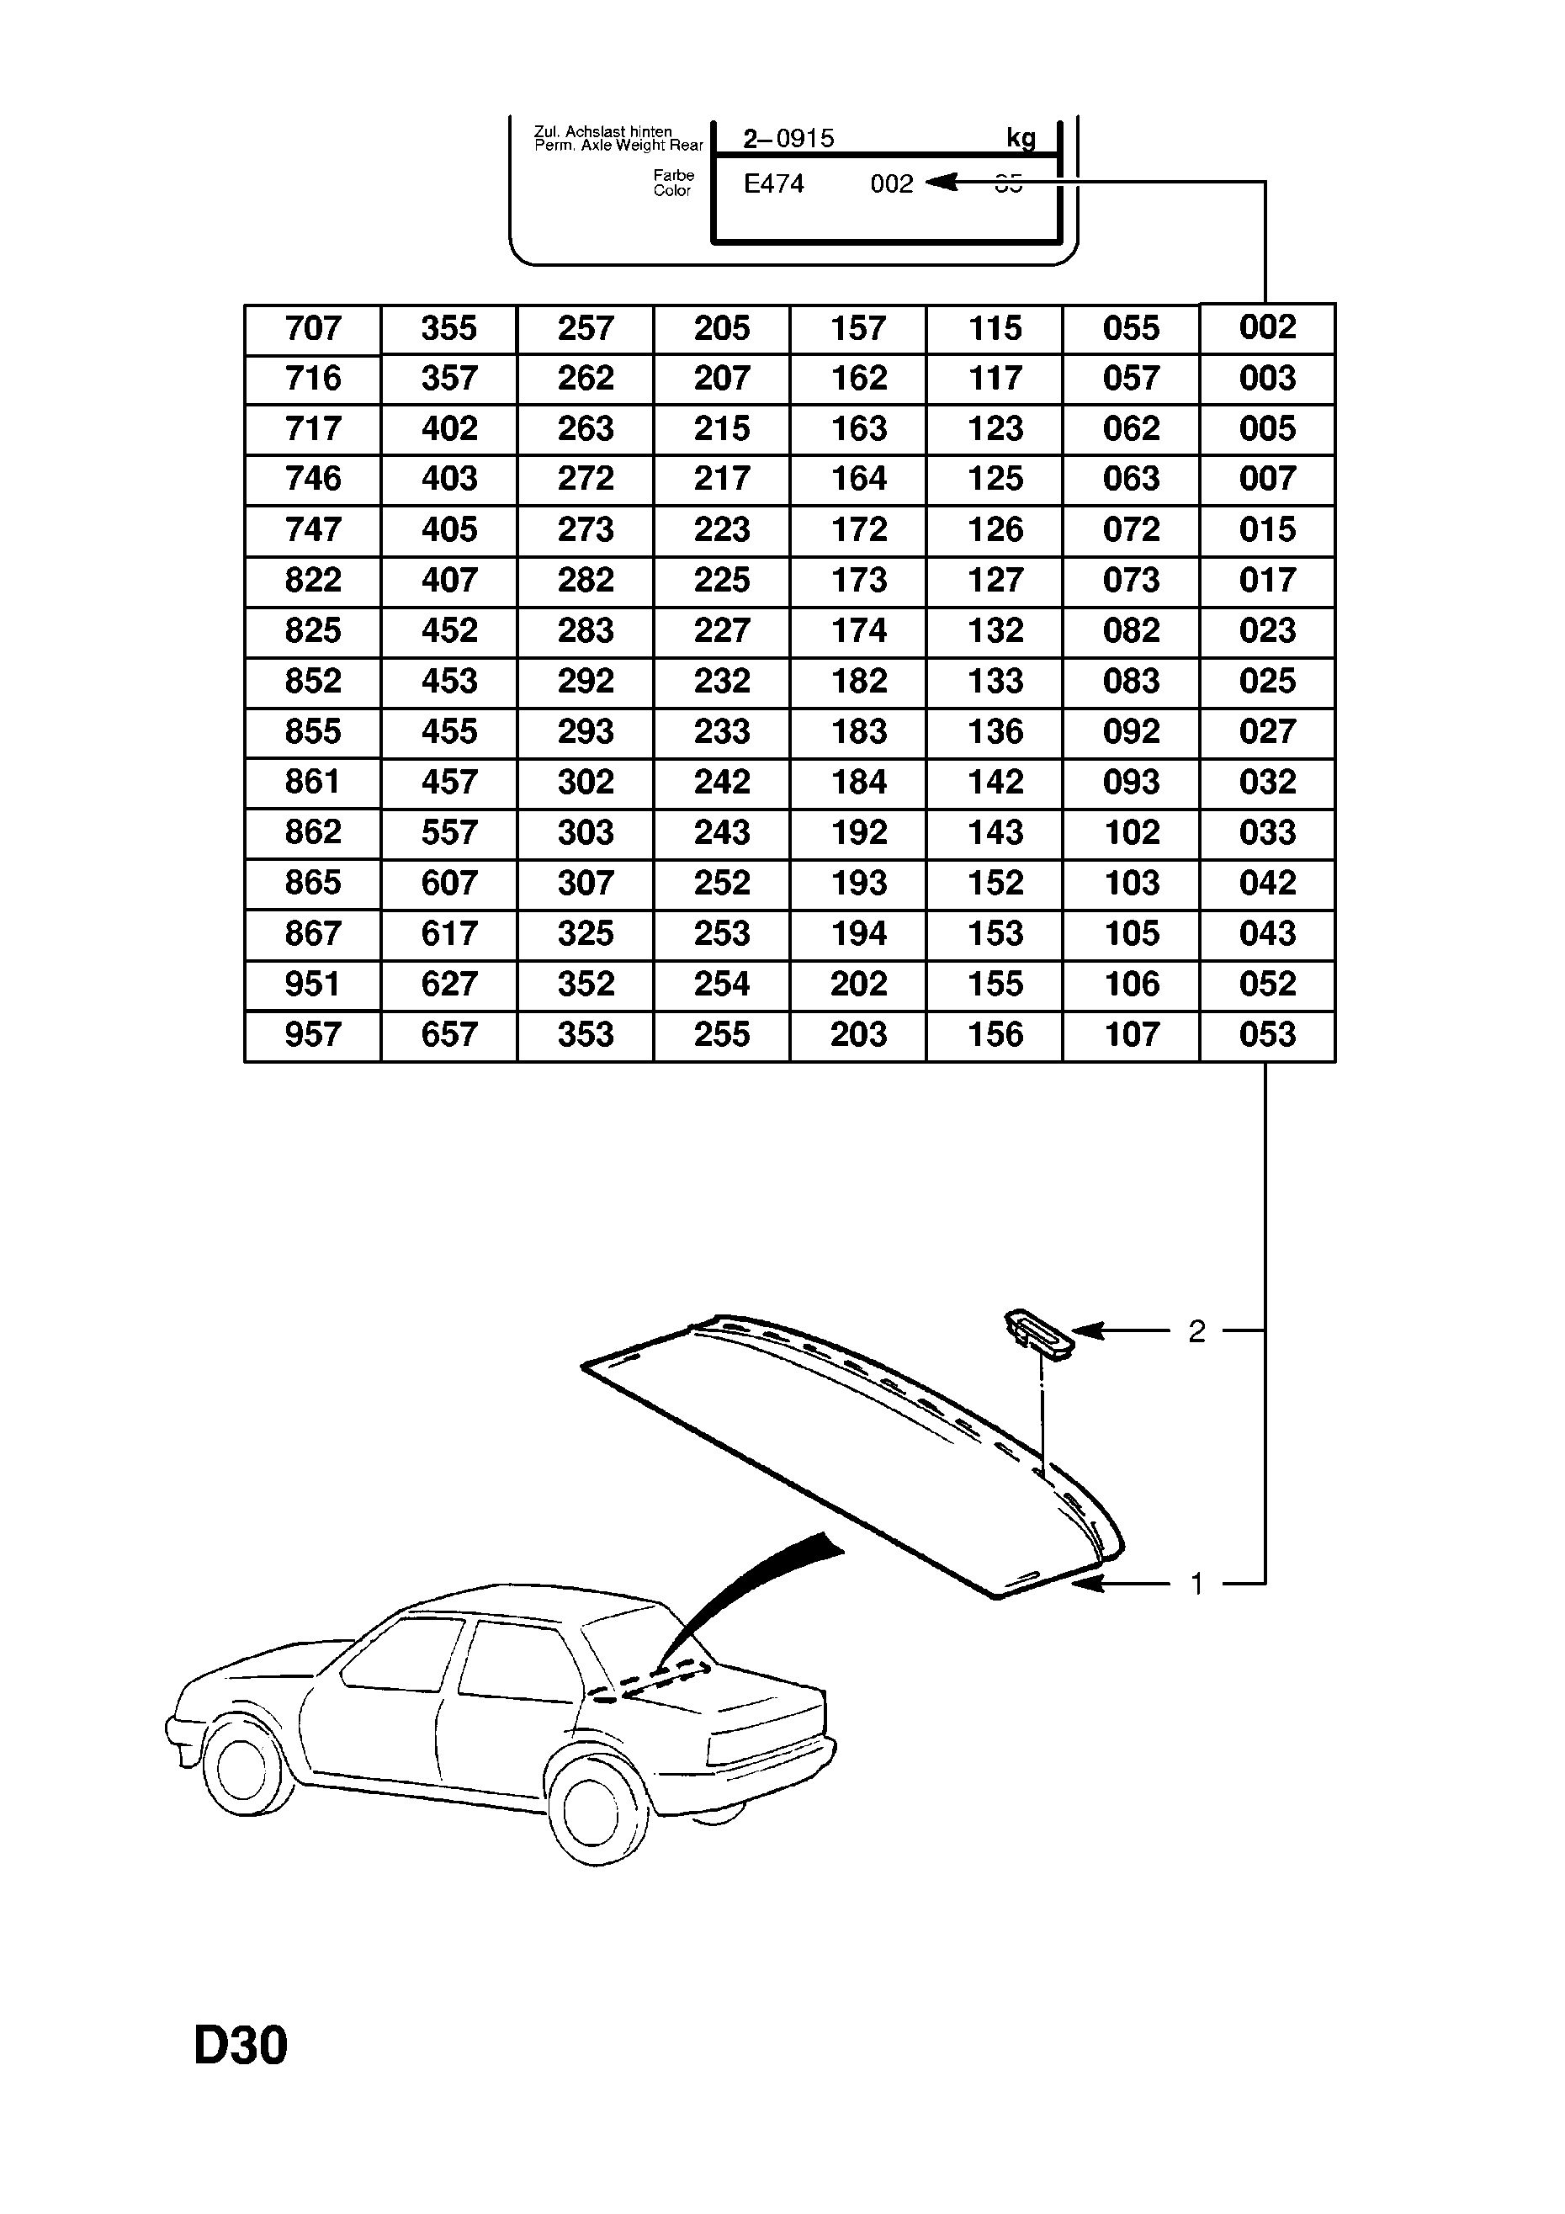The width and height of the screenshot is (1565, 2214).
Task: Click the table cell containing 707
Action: coord(312,329)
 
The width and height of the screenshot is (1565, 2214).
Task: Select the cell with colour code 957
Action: coord(312,1035)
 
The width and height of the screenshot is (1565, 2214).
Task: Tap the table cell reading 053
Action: coord(1267,1035)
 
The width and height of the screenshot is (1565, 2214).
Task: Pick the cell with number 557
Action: coord(449,833)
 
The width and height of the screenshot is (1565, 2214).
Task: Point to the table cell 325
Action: coord(586,933)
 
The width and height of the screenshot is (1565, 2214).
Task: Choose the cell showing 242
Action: coord(721,782)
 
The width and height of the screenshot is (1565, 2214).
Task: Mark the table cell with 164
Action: coord(858,480)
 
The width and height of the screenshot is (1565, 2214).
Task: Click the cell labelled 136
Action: coord(995,732)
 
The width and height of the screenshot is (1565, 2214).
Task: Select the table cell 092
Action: coord(1131,732)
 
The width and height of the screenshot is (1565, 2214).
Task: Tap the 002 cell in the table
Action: coord(1267,328)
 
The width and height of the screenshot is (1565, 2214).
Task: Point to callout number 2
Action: coord(1196,1331)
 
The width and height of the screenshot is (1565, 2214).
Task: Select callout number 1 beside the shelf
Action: coord(1196,1584)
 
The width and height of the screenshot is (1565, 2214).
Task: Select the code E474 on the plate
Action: coord(773,184)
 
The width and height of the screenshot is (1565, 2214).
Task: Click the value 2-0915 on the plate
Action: coord(788,139)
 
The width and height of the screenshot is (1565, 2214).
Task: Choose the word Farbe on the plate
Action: coord(673,176)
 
